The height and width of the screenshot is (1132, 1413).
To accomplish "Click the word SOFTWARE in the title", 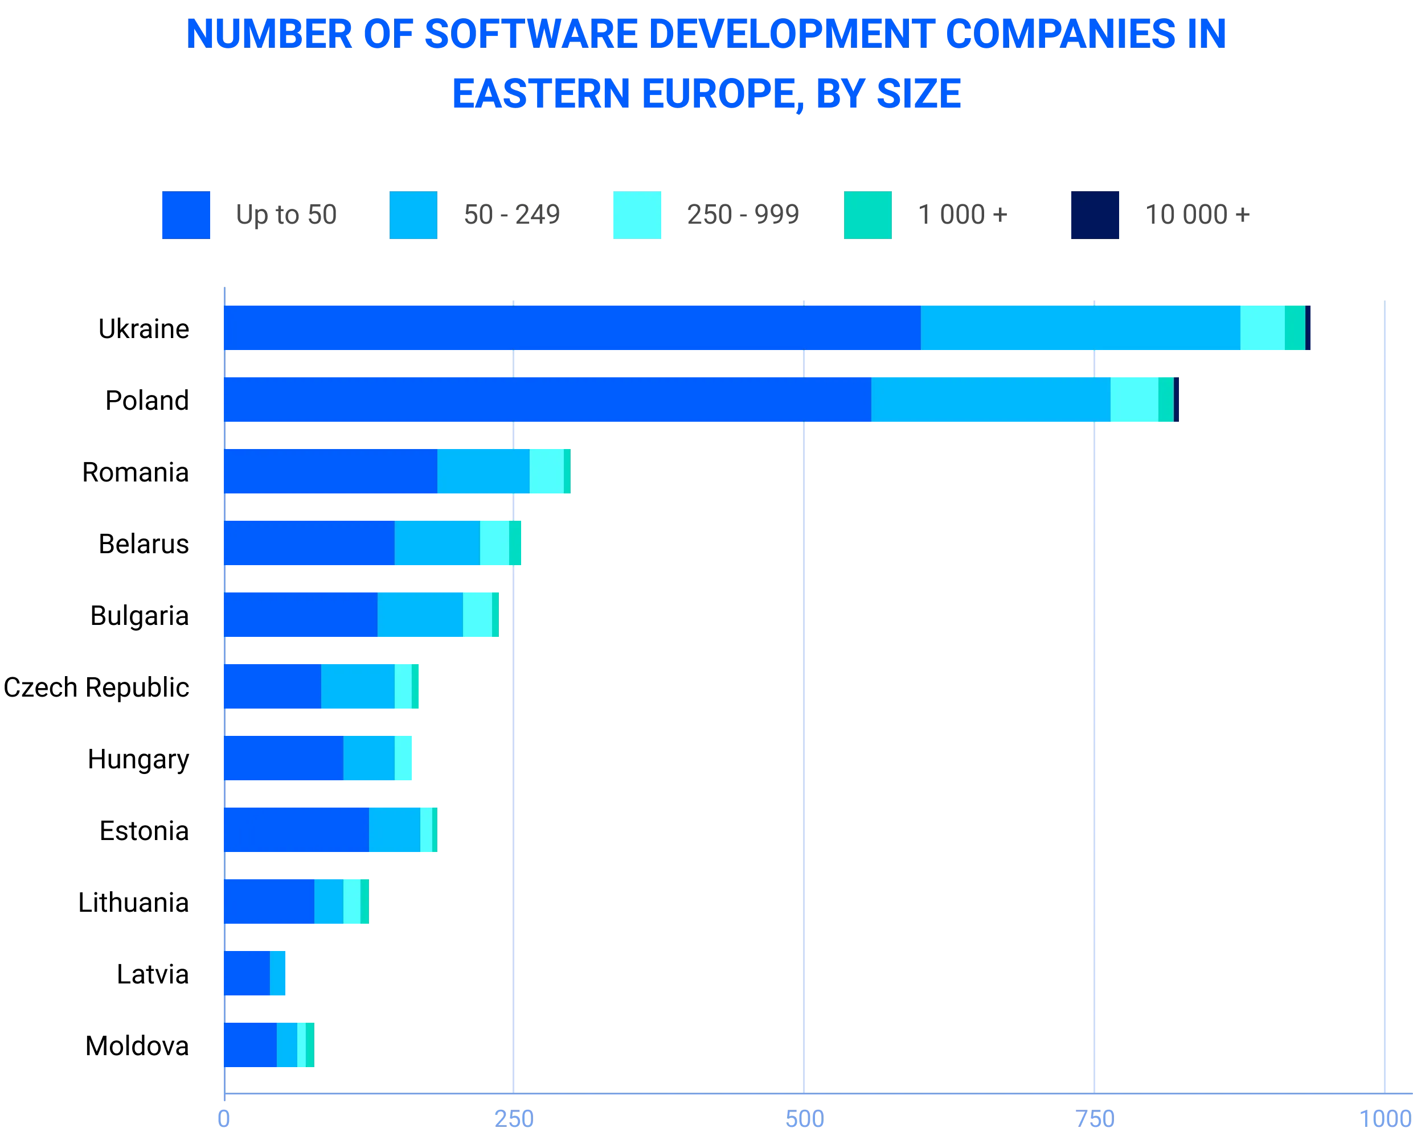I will [530, 35].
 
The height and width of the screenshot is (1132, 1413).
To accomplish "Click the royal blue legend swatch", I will [186, 216].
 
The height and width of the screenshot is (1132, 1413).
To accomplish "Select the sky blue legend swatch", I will [412, 216].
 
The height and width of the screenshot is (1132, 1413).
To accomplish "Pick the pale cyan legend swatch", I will [637, 216].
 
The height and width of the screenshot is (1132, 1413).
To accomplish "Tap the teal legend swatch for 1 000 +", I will [867, 216].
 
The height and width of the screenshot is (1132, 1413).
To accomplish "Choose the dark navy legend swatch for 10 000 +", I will [1095, 216].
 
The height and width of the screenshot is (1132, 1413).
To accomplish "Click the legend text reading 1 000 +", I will [961, 216].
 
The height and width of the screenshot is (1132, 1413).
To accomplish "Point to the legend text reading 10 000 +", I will [1197, 216].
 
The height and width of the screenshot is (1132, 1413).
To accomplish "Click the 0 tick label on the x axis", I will [223, 1118].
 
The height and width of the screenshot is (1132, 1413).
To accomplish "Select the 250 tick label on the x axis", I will [513, 1118].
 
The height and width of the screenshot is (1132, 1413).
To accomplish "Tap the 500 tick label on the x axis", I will [804, 1118].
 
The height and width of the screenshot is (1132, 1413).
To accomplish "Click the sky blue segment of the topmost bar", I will [1080, 328].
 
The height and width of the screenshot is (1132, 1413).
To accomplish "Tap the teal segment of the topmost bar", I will [1295, 328].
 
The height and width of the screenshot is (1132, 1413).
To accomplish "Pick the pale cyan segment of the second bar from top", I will [1134, 400].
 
